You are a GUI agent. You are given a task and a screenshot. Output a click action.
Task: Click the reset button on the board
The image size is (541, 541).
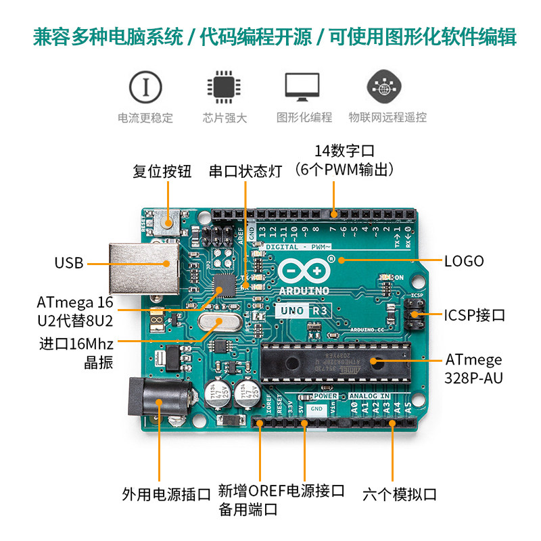[167, 220]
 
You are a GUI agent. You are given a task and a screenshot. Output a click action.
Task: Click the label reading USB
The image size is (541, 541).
[69, 263]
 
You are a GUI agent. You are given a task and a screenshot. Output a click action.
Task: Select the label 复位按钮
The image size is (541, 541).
[162, 171]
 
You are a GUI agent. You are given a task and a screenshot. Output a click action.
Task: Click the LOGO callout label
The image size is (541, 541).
[464, 260]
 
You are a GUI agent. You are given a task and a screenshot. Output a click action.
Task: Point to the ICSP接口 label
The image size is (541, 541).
[474, 315]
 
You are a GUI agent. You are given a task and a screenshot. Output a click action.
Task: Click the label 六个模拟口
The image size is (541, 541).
[399, 494]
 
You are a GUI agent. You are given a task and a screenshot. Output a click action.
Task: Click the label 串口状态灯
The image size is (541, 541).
[245, 171]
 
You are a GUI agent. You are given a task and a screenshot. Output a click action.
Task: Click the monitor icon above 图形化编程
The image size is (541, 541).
[302, 87]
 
